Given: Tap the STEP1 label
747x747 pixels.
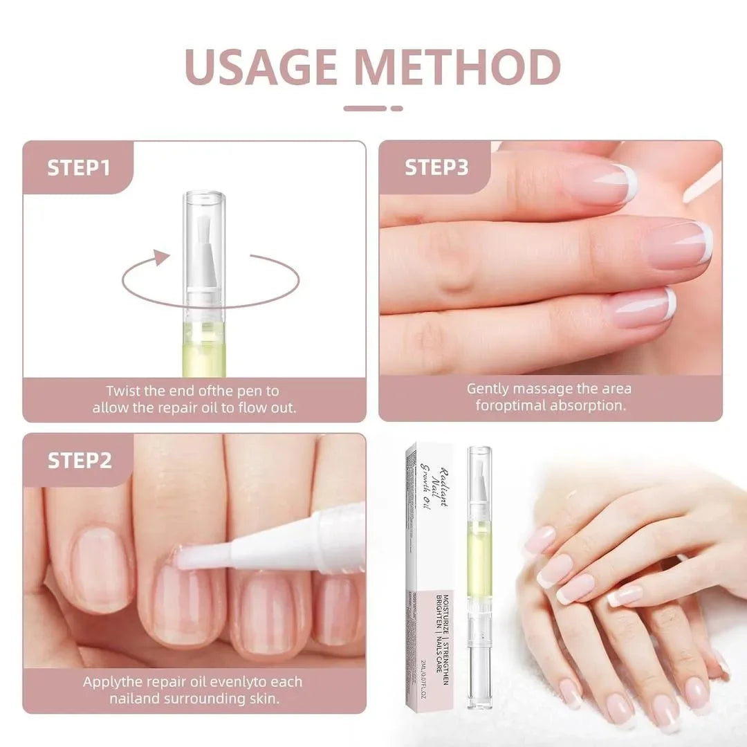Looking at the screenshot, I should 78,167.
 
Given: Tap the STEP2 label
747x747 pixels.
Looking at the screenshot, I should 79,461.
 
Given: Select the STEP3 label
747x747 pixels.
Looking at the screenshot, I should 436,167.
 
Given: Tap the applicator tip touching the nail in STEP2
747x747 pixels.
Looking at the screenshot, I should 187,557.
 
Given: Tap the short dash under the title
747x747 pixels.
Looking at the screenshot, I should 396,108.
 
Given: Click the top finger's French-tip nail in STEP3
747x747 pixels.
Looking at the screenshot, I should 602,184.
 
